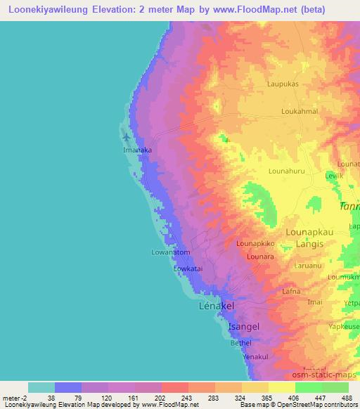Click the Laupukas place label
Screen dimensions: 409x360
pos(283,84)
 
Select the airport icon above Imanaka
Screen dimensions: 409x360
pos(126,136)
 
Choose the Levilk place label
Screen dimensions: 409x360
pos(334,175)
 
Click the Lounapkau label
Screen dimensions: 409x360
pos(314,231)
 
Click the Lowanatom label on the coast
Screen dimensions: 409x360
pos(171,252)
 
